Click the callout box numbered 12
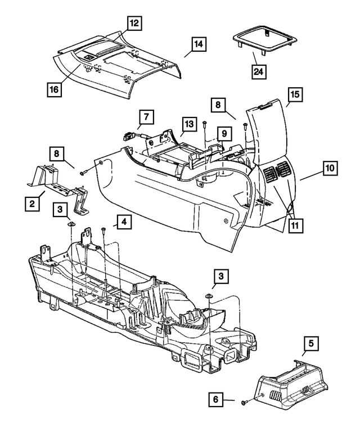click(134, 24)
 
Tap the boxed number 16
click(54, 89)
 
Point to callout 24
click(259, 71)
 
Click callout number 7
click(145, 117)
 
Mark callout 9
click(223, 134)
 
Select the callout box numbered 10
click(330, 167)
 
